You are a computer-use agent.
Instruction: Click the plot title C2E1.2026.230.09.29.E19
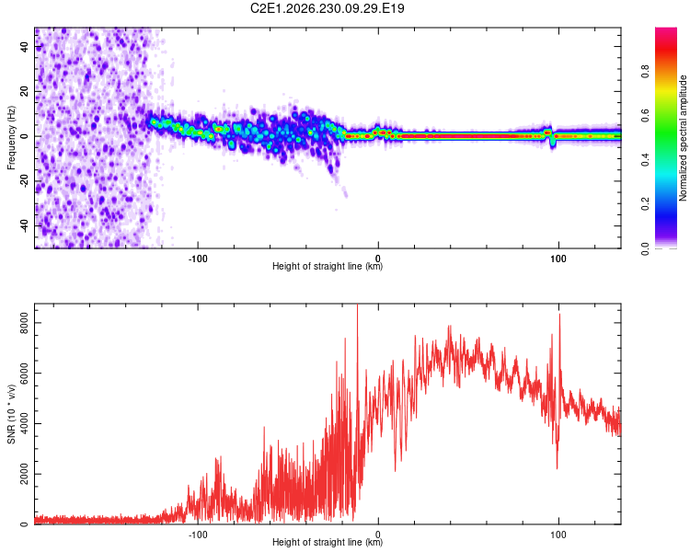[327, 8]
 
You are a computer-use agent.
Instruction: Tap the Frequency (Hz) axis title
[11, 138]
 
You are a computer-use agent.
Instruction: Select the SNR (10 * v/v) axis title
[11, 414]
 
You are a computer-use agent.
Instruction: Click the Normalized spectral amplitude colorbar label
[683, 138]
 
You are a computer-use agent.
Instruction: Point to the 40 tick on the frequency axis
[25, 46]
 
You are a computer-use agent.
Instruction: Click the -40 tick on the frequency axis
[25, 226]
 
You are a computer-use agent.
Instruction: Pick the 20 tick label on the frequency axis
[25, 91]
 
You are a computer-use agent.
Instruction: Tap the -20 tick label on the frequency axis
[25, 181]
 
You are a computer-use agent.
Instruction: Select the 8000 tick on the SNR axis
[25, 323]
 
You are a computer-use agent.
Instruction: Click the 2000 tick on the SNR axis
[25, 474]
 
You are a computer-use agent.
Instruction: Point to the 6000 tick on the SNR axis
[25, 373]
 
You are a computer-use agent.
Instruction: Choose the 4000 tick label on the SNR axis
[25, 423]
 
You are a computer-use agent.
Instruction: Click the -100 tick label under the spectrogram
[198, 259]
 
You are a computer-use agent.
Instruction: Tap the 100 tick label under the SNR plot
[558, 535]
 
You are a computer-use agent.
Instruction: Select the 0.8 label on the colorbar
[645, 71]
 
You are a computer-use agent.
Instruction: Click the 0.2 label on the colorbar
[645, 204]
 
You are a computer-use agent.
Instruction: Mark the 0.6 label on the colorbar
[645, 115]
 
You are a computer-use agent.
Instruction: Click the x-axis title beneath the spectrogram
[328, 266]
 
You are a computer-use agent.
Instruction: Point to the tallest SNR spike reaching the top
[357, 305]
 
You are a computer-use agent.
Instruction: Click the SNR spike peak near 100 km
[559, 315]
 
